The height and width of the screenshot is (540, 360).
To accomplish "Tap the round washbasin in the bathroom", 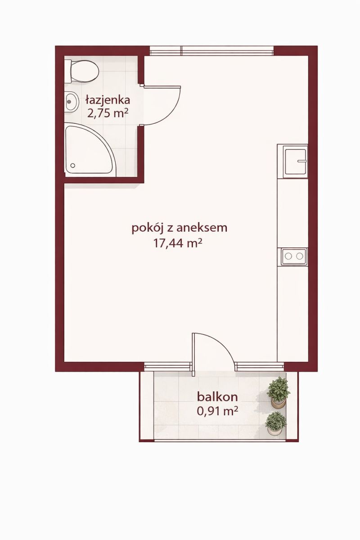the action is tap(72, 102).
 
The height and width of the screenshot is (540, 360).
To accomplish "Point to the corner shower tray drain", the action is tap(72, 166).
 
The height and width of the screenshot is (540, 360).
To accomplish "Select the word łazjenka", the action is tap(108, 99).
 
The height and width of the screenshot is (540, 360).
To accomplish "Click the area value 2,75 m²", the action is tap(108, 113).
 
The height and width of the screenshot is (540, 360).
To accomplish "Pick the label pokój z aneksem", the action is tap(180, 228).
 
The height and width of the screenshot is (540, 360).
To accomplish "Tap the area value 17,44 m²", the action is tap(178, 244).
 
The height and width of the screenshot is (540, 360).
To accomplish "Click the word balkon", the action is tap(217, 397).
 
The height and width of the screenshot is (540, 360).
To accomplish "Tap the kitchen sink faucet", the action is tap(301, 161).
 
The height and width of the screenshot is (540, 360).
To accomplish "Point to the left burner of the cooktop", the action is tap(288, 256).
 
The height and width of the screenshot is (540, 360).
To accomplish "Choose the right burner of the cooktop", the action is tap(300, 256).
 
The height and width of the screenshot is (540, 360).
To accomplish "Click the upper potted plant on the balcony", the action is tap(278, 391).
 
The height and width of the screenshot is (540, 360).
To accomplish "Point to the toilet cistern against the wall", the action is tap(68, 72).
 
